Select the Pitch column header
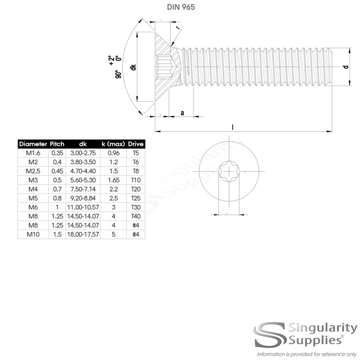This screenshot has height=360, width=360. click(57, 144)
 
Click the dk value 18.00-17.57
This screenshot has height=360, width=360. click(82, 234)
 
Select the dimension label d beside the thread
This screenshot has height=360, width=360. click(345, 67)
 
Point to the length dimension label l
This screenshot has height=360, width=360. click(233, 127)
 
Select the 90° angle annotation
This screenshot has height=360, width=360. click(118, 74)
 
